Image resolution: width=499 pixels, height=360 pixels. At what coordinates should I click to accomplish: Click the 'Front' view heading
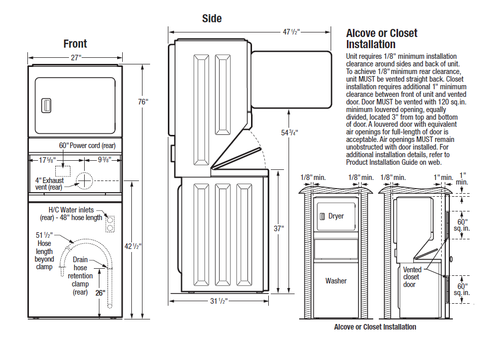(x=75, y=44)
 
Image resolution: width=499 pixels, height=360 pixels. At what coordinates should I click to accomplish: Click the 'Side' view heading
(x=211, y=19)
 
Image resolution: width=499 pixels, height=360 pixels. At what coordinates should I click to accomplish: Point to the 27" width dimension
(x=76, y=58)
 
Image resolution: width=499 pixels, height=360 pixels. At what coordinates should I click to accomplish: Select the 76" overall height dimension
(x=143, y=102)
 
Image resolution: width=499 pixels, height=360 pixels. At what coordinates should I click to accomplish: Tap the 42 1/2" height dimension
(x=133, y=246)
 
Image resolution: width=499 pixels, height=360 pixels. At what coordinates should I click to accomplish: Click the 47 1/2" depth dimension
(x=292, y=31)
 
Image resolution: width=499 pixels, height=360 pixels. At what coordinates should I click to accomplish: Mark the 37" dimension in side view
(x=278, y=229)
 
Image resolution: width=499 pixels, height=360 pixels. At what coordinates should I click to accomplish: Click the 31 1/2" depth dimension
(x=219, y=301)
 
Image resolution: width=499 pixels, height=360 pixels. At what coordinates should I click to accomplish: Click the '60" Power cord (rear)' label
(x=87, y=146)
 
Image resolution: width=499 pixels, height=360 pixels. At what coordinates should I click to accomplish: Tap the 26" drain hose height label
(x=100, y=293)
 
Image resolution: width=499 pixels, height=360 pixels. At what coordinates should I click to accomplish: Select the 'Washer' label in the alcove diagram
(x=336, y=280)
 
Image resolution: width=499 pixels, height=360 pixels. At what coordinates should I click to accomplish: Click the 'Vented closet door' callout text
(x=411, y=277)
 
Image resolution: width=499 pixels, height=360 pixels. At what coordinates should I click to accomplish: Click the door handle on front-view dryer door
(x=46, y=106)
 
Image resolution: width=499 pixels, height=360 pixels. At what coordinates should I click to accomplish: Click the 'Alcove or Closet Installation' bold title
(x=381, y=39)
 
